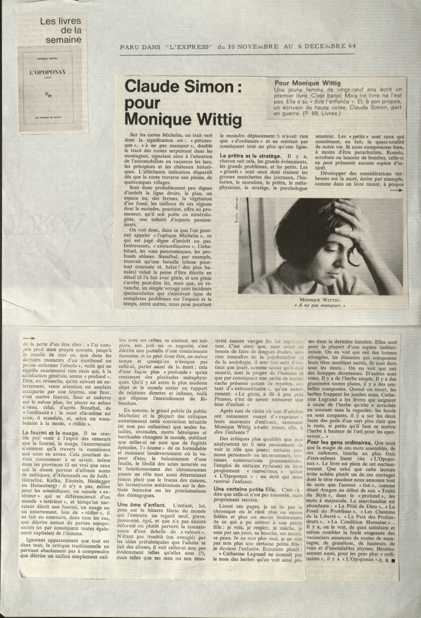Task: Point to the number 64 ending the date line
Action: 351,46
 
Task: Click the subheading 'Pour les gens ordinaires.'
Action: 340,443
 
